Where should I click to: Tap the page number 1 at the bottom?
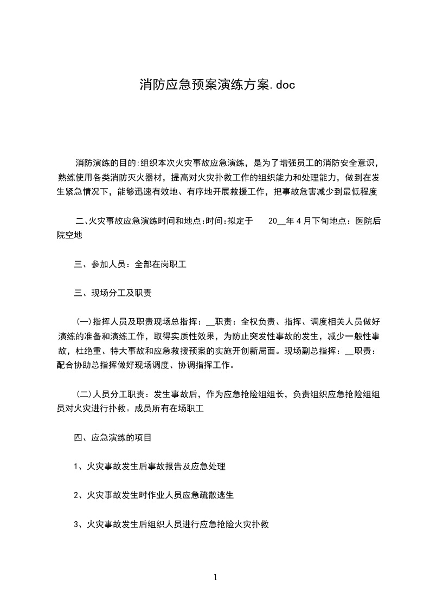click(215, 577)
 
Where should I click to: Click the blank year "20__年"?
click(280, 221)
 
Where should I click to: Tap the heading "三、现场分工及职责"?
click(112, 293)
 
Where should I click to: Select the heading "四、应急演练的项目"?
click(112, 437)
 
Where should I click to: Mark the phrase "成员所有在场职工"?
click(171, 408)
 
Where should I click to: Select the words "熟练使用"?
click(76, 177)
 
